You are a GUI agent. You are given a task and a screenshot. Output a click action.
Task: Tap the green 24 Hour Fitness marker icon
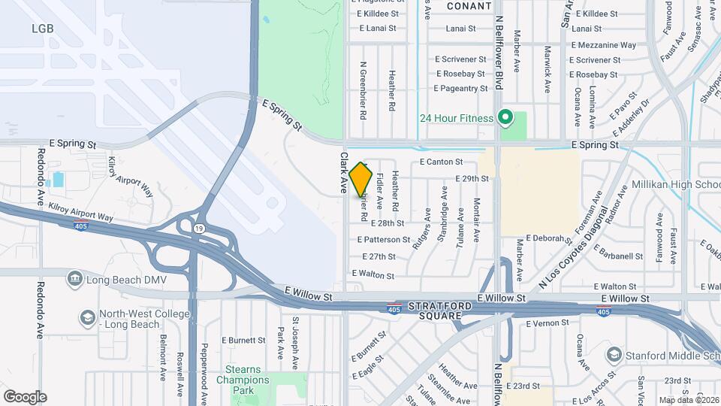click(x=505, y=117)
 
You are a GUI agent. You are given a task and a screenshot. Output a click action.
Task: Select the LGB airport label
click(x=43, y=28)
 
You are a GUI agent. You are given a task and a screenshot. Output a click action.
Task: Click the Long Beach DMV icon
click(x=75, y=280)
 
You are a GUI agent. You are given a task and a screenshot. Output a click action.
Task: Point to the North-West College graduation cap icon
click(x=88, y=319)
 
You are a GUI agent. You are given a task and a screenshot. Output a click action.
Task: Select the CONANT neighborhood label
click(x=469, y=6)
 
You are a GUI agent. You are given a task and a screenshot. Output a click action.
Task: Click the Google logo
click(x=25, y=397)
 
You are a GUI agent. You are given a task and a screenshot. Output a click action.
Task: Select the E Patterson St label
click(x=384, y=240)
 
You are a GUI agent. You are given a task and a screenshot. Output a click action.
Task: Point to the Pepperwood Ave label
click(x=204, y=373)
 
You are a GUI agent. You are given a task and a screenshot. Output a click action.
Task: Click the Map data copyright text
click(x=689, y=400)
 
